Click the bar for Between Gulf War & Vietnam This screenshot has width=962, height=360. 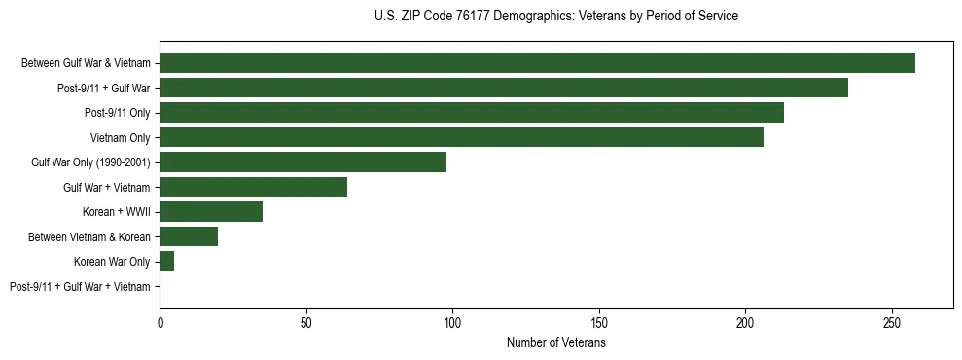pos(537,63)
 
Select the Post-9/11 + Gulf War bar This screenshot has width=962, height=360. pos(504,89)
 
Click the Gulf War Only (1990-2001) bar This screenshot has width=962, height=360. pos(303,162)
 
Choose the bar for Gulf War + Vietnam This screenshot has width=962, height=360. pos(253,187)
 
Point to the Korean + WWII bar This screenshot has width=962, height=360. pos(211,212)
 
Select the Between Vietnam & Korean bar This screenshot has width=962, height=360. pos(189,236)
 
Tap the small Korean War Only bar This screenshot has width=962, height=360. pos(167,262)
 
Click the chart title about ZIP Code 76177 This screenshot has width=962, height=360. pos(555,17)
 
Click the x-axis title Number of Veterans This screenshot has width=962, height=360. pos(555,343)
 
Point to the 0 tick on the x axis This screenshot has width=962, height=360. pos(160,322)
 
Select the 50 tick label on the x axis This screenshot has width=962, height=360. pos(306,322)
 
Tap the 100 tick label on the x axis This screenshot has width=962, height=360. pos(452,322)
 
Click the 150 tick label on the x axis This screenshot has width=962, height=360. pos(599,322)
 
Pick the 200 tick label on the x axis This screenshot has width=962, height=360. pos(745,322)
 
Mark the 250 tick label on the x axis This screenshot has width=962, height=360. pos(892,322)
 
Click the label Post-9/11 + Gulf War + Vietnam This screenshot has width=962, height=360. pos(80,286)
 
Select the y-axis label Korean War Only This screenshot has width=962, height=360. pos(112,262)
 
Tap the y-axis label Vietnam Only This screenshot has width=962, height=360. pos(120,138)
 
